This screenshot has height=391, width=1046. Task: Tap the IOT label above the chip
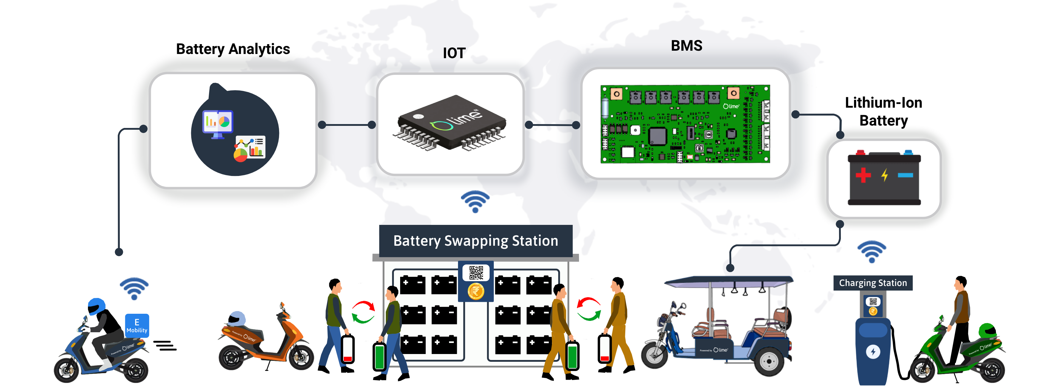click(x=454, y=53)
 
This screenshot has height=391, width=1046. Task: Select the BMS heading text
click(x=686, y=46)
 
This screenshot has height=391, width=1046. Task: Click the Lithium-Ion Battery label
click(x=883, y=112)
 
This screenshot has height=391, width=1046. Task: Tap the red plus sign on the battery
click(x=863, y=175)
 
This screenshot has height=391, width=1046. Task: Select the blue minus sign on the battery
click(x=905, y=175)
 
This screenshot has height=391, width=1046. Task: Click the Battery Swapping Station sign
click(x=476, y=241)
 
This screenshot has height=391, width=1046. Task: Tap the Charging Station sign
click(x=873, y=283)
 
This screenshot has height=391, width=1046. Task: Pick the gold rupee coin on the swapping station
click(x=476, y=291)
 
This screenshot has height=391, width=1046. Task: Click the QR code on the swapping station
click(x=476, y=273)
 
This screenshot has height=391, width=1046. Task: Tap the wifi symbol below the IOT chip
click(x=475, y=201)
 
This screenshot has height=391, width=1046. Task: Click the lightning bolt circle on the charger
click(x=873, y=351)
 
